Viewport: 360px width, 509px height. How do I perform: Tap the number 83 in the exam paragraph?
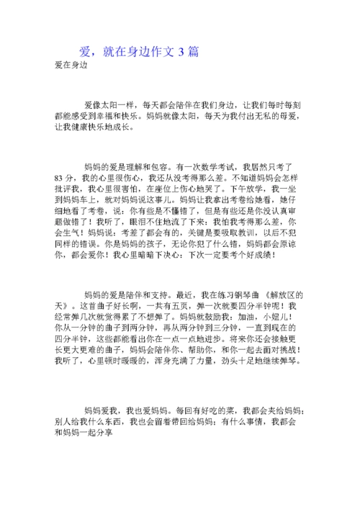60,177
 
